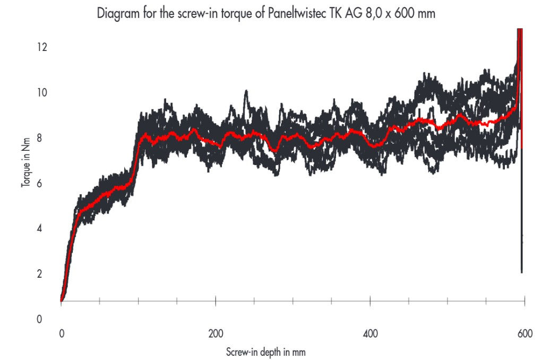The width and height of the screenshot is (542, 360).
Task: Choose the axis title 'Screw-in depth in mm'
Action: [x=265, y=352]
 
